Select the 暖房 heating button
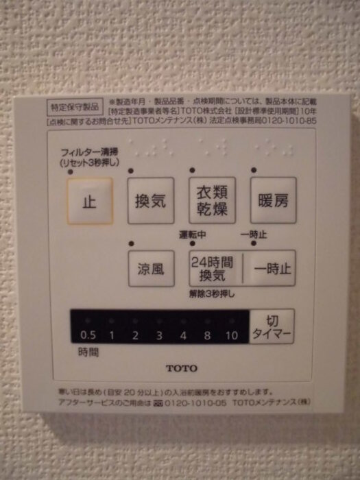point(272,201)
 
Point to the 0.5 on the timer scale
point(88,336)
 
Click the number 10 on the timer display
point(231,336)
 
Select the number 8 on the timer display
point(207,336)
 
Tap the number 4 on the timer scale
point(183,336)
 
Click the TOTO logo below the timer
point(181,368)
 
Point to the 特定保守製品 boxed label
point(75,107)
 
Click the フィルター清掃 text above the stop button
point(89,152)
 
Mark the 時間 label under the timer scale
point(87,352)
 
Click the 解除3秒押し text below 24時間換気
point(212,294)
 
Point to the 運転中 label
point(193,235)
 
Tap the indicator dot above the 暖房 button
point(253,170)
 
